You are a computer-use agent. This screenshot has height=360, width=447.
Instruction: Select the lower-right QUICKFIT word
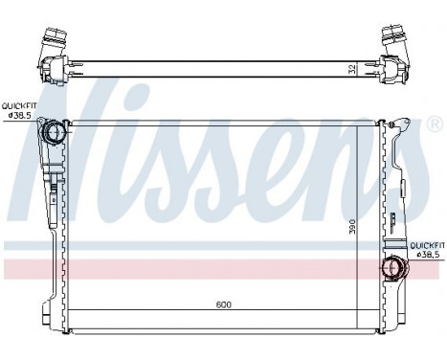coord(427,245)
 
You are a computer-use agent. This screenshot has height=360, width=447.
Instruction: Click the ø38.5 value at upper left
coord(20,116)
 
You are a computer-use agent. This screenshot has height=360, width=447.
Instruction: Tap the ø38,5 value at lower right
coord(427,255)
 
